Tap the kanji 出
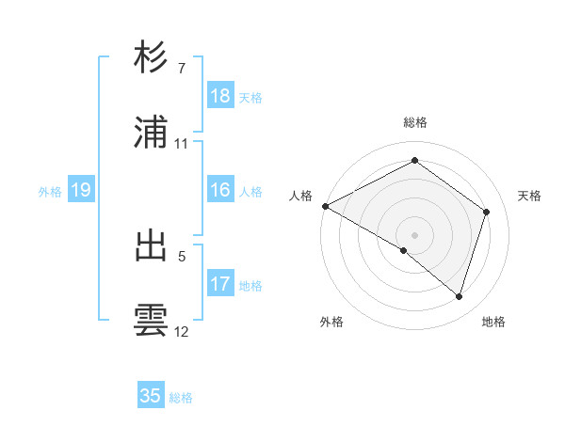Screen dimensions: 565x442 coord(152,245)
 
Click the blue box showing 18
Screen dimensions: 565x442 coord(220,96)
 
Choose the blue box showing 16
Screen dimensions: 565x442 coord(220,190)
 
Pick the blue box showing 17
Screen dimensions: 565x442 coord(220,283)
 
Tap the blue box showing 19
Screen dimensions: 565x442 coord(81,190)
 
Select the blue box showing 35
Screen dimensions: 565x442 coord(151,396)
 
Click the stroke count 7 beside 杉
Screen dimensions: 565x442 coord(181,69)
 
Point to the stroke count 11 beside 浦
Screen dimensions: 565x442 coord(181,144)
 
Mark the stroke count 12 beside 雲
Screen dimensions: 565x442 coord(181,331)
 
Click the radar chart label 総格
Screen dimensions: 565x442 coord(415,122)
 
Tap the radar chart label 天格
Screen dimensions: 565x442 coord(529,196)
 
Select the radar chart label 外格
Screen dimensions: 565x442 coord(331,322)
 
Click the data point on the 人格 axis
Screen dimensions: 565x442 coord(325,206)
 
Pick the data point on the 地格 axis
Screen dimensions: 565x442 coord(459,296)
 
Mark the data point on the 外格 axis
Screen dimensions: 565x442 coord(404,250)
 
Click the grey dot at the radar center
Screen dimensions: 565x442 coord(414,234)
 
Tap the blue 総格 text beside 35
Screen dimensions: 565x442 coord(181,397)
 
